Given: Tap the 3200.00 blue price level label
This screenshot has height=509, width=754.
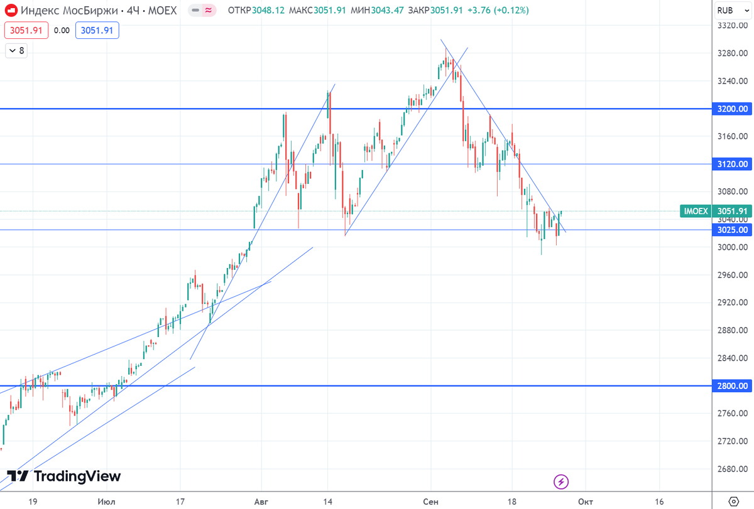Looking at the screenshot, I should click(733, 109).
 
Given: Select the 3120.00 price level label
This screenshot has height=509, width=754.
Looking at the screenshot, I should click(733, 164).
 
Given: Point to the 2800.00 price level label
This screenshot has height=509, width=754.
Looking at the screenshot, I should click(733, 385).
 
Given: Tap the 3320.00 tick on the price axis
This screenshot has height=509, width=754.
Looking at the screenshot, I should click(733, 26).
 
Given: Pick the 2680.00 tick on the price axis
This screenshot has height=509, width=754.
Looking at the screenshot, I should click(733, 469).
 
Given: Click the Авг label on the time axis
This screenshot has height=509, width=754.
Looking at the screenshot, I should click(261, 501).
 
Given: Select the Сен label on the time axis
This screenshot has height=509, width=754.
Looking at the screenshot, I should click(431, 501).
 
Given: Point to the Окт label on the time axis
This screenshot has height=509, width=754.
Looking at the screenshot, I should click(585, 501).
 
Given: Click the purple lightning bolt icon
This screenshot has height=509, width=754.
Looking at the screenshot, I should click(561, 481).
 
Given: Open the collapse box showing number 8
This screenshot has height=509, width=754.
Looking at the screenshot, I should click(16, 50).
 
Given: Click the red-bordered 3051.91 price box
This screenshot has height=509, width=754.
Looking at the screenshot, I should click(26, 30).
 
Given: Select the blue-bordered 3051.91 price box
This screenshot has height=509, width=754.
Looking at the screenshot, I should click(97, 30).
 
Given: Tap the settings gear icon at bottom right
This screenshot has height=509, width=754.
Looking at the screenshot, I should click(733, 501).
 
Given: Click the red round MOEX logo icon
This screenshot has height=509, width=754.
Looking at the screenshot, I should click(11, 11).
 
